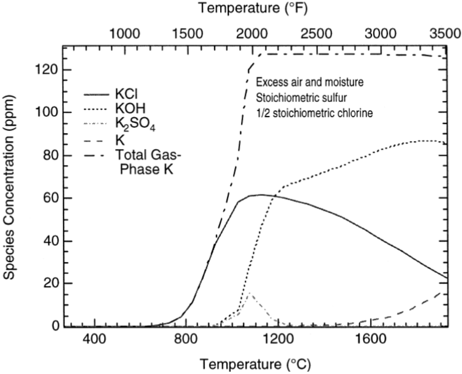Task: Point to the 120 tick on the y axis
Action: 50,70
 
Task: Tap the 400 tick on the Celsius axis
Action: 94,340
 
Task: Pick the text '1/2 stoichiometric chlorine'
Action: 314,113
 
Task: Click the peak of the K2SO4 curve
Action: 250,294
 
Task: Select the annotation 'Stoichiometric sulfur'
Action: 297,98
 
